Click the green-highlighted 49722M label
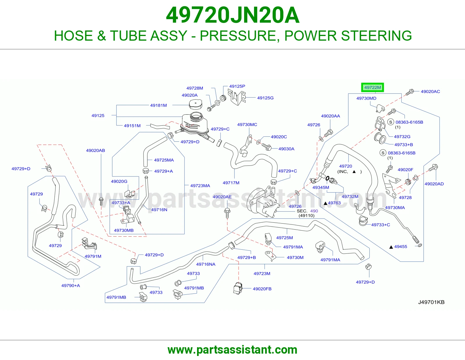tap(372, 87)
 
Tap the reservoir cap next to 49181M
tap(196, 105)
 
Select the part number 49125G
tap(265, 98)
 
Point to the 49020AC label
tap(430, 91)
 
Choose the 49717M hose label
tap(231, 183)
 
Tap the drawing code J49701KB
tap(431, 302)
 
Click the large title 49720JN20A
tap(233, 15)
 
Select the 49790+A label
tap(71, 286)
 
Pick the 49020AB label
tap(95, 150)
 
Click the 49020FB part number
tap(262, 289)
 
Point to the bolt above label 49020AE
tap(227, 213)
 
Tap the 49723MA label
tap(200, 186)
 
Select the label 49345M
tap(321, 188)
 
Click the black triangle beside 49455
tap(391, 247)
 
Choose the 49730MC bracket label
tap(247, 125)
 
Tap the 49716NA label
tap(206, 264)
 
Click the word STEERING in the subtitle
tap(376, 36)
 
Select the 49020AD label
tap(434, 184)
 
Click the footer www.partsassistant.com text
tap(233, 350)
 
